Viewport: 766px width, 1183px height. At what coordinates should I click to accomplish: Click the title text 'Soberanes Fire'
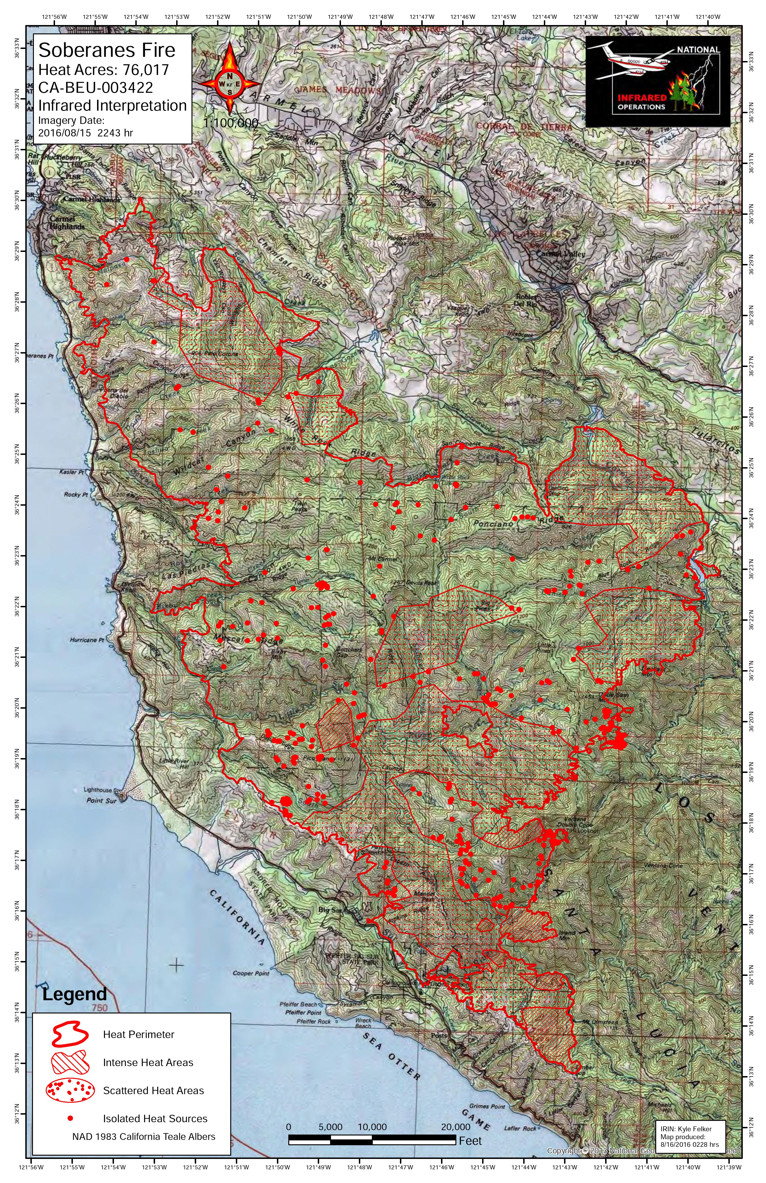(x=107, y=50)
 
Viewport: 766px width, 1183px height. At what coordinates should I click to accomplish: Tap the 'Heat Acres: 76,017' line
(x=104, y=70)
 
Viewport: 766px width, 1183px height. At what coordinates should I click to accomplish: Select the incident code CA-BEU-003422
(x=95, y=87)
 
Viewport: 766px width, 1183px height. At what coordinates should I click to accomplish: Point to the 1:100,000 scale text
(x=230, y=123)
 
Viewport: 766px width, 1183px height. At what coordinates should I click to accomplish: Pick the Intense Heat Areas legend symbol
(x=70, y=1062)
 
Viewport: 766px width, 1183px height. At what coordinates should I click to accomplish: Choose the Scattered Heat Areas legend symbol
(x=70, y=1090)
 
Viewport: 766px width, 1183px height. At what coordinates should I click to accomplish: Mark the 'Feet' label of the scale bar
(x=470, y=1141)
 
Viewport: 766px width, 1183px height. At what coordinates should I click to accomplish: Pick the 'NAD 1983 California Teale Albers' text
(x=144, y=1136)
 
